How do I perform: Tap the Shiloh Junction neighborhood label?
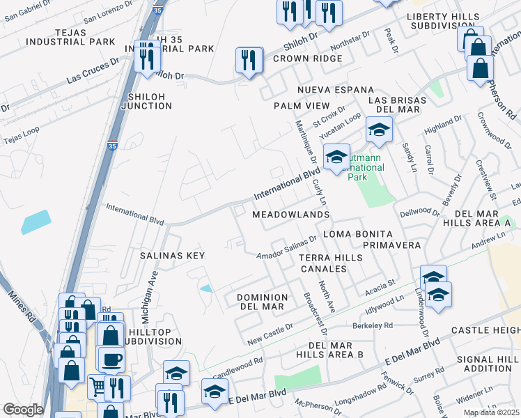click(x=146, y=100)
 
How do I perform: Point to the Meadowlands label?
click(x=290, y=215)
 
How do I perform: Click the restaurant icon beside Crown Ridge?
click(x=249, y=60)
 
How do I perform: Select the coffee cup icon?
click(x=111, y=359)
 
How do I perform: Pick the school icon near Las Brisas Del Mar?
click(x=379, y=130)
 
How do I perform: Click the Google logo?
click(x=23, y=410)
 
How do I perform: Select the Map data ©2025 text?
click(x=490, y=412)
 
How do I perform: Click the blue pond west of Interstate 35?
click(x=36, y=222)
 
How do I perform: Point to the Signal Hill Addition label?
click(x=491, y=363)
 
